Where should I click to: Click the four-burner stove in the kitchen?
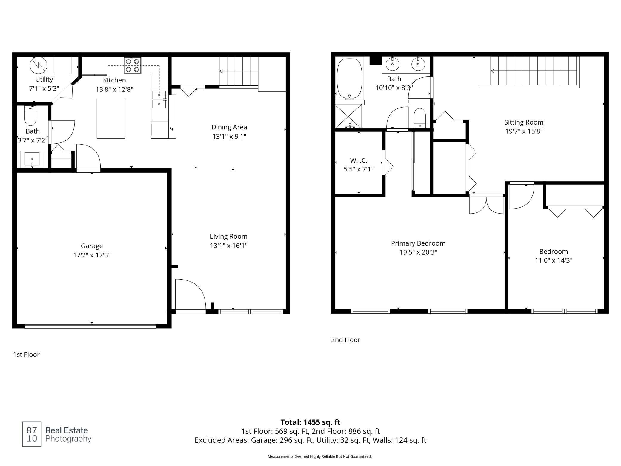(x=133, y=65)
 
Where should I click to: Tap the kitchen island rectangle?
(x=111, y=119)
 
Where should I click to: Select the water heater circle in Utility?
(x=39, y=66)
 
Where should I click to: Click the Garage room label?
(x=92, y=246)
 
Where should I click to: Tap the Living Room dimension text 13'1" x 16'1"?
(x=229, y=246)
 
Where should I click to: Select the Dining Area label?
(x=229, y=127)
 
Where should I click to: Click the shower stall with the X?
(x=348, y=116)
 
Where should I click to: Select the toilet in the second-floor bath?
(x=420, y=118)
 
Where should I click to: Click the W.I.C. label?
(x=359, y=160)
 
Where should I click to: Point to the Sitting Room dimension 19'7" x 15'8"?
(x=524, y=131)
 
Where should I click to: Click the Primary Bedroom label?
(x=418, y=243)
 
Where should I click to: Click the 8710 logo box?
(x=32, y=434)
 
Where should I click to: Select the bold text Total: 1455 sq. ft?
(x=310, y=422)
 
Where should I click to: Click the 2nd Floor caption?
(x=346, y=340)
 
